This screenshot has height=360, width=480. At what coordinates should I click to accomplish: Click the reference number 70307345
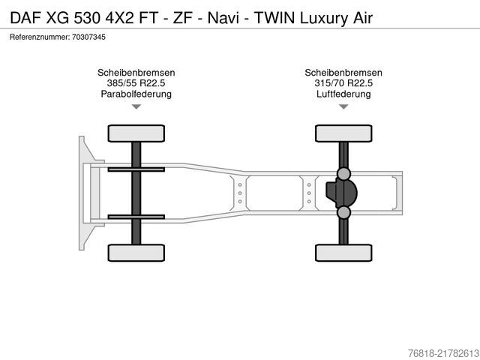(88, 37)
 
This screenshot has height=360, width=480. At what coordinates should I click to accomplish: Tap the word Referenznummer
(40, 37)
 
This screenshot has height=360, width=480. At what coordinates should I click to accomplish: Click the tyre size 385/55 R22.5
(136, 83)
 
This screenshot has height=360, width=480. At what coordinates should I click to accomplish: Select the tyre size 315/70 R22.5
(343, 83)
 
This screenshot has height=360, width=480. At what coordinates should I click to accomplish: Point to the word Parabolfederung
(136, 94)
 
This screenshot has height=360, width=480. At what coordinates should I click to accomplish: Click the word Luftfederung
(343, 94)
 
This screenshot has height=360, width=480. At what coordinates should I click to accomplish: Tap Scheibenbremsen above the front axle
(136, 73)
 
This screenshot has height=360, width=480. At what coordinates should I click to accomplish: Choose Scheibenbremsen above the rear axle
(343, 73)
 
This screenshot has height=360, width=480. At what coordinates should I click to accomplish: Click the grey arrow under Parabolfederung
(136, 106)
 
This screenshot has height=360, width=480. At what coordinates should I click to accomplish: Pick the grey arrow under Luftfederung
(343, 106)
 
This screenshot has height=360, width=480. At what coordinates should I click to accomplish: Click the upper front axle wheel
(136, 133)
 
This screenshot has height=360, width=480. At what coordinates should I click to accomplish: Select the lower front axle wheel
(136, 253)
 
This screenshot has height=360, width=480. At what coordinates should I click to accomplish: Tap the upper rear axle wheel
(343, 133)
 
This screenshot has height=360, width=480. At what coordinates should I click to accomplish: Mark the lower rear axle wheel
(343, 253)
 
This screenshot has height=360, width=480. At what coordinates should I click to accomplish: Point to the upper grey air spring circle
(343, 174)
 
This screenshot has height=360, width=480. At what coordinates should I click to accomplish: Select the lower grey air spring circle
(343, 212)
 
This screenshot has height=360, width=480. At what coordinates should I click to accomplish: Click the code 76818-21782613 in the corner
(443, 352)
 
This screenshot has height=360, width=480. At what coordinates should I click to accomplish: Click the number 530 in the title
(87, 18)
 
